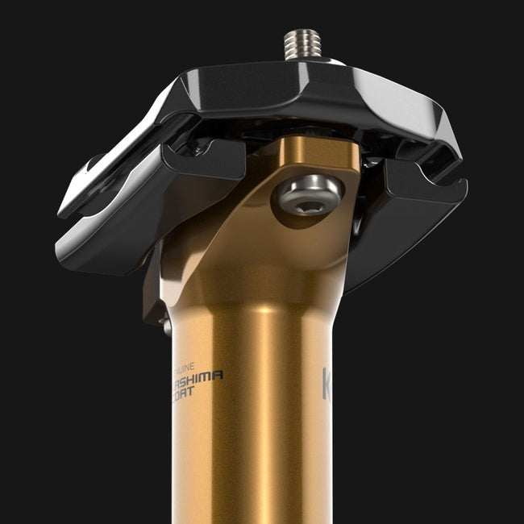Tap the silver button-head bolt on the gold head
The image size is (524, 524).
click(x=308, y=197)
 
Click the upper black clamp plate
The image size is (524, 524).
click(x=306, y=97)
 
